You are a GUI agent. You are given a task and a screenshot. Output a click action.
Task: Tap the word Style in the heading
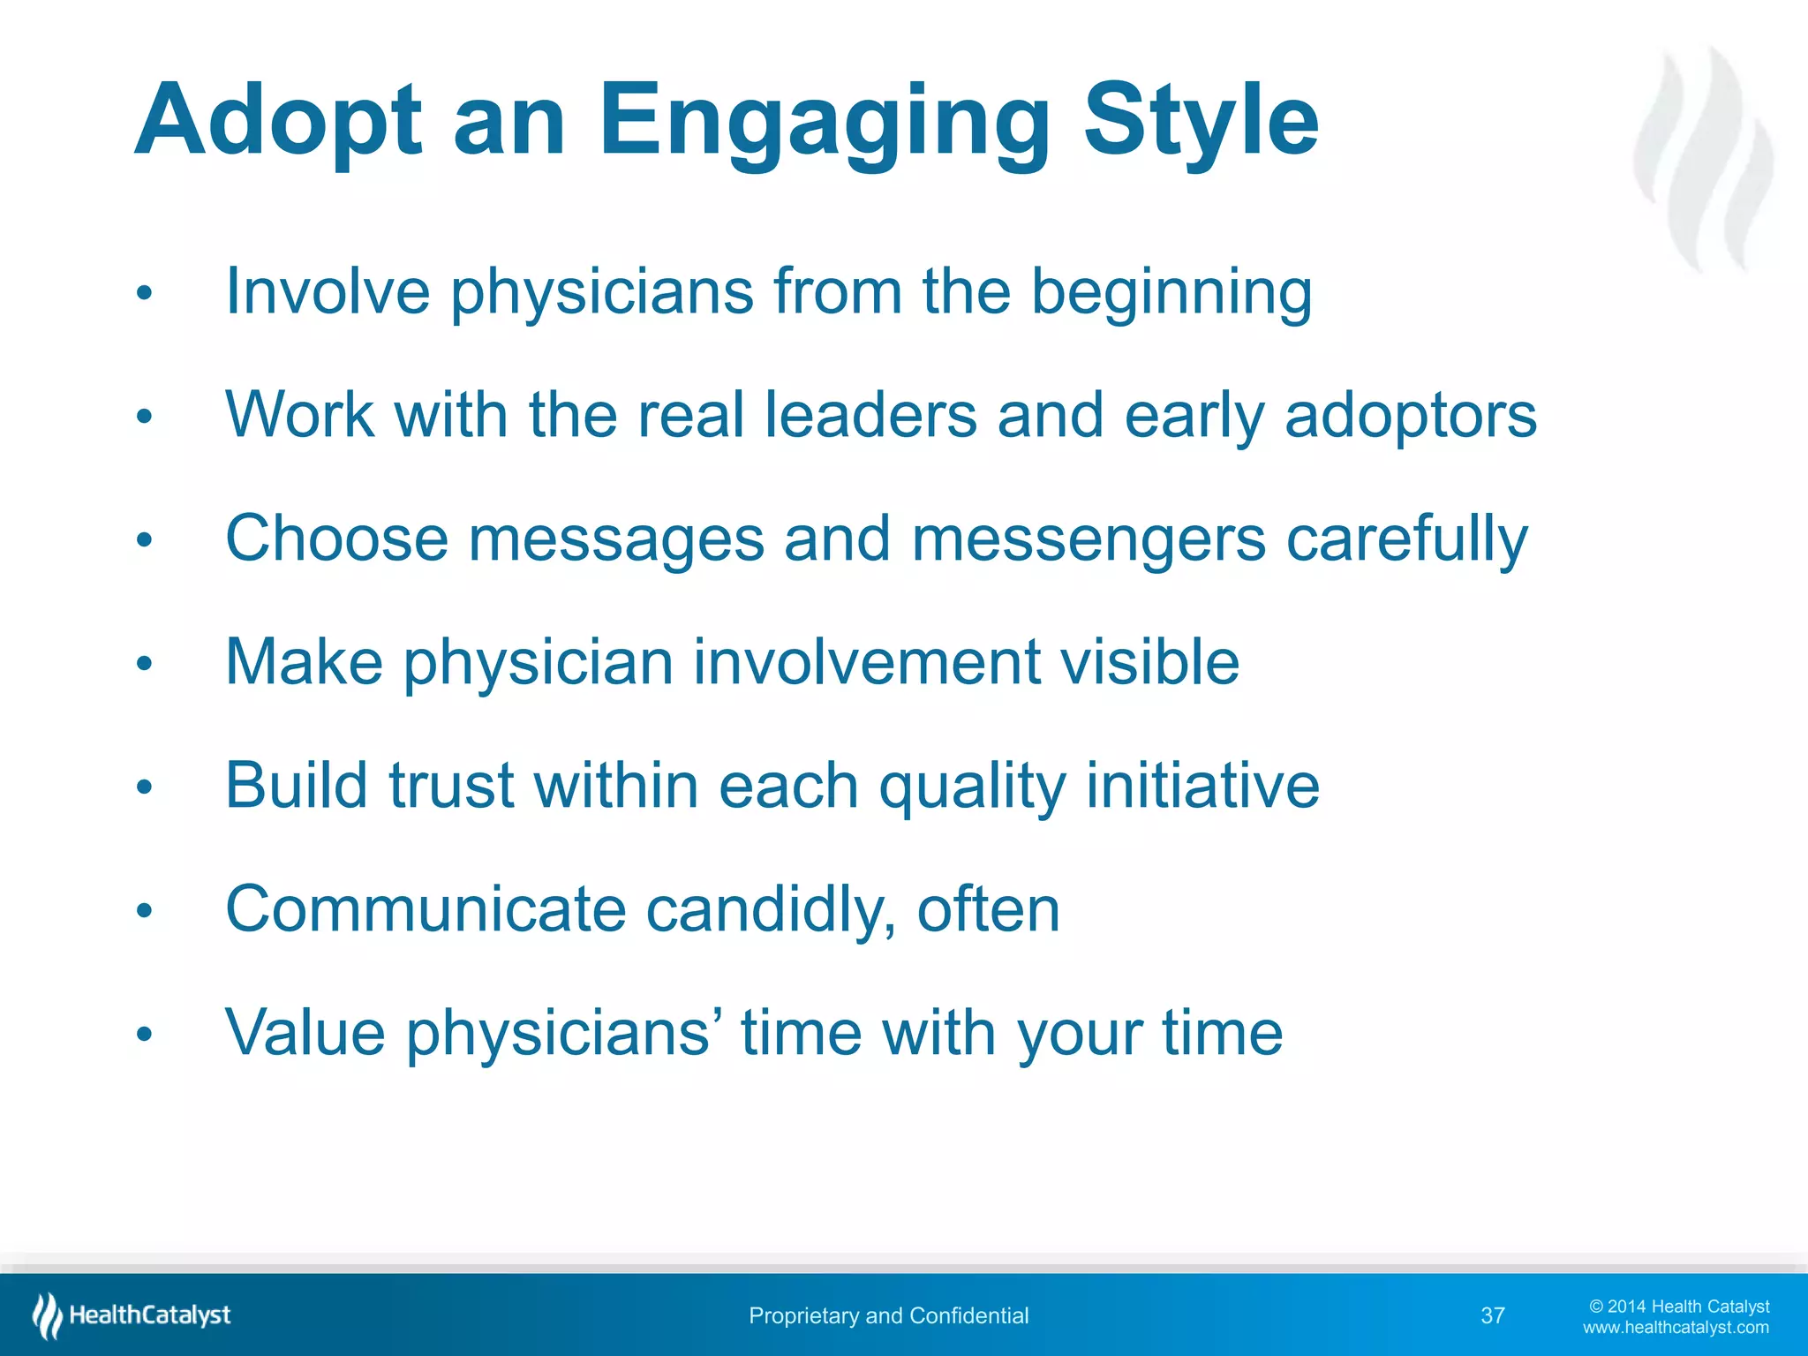(1201, 122)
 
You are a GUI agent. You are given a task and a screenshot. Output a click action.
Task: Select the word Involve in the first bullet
(328, 291)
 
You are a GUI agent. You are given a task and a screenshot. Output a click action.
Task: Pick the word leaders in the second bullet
(870, 415)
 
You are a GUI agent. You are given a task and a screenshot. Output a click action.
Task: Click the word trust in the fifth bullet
(451, 786)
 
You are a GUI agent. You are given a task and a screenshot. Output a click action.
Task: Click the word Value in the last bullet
(305, 1033)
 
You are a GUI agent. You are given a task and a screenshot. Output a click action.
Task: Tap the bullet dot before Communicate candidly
(145, 910)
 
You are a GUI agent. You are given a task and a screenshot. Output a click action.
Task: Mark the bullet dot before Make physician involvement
(145, 663)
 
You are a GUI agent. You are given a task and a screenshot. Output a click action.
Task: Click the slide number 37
(1492, 1316)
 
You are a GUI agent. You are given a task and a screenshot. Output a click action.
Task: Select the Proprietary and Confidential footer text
(888, 1316)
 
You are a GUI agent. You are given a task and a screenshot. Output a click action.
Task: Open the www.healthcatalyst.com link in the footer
(1675, 1328)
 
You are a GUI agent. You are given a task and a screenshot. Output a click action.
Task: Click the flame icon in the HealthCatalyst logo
(47, 1315)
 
